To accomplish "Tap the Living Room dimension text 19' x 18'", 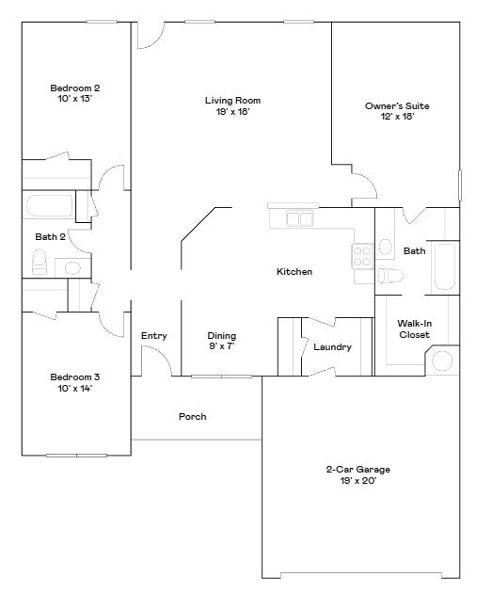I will click(232, 112).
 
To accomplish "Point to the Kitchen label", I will click(294, 272).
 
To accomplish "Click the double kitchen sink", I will click(300, 219).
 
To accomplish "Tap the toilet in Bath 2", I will click(40, 264).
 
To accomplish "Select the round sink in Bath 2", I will click(73, 268).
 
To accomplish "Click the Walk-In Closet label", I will click(414, 329).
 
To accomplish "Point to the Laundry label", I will click(332, 347).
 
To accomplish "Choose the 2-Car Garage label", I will click(357, 469).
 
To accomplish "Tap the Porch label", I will click(192, 416).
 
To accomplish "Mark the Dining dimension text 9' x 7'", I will click(222, 347).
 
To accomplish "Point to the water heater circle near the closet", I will click(442, 361).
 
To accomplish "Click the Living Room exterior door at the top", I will click(148, 36).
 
